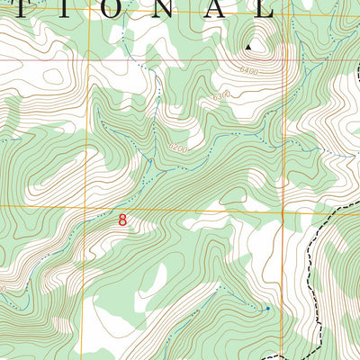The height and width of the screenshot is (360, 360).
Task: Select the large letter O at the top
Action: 136,8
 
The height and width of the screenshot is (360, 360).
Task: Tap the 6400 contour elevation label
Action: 249,70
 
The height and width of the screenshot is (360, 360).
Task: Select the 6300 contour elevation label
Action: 220,94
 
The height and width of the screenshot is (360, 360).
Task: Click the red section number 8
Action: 121,218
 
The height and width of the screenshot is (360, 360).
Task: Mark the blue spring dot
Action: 267,309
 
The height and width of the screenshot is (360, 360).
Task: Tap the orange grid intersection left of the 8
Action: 87,207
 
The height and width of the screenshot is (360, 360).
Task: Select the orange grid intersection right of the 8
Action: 283,212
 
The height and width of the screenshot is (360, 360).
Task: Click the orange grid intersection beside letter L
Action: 283,13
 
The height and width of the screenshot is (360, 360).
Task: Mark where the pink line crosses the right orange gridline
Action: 283,60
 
